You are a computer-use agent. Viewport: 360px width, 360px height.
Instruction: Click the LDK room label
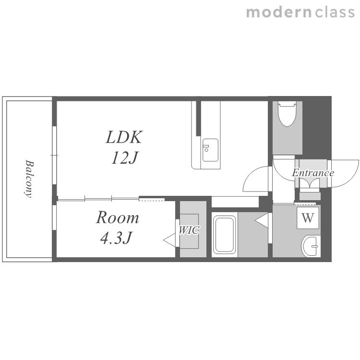pyautogui.click(x=124, y=137)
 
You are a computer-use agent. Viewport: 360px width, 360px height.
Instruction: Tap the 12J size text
pyautogui.click(x=124, y=158)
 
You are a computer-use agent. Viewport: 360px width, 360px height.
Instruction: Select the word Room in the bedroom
pyautogui.click(x=117, y=217)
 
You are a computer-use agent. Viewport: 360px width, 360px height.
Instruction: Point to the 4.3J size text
pyautogui.click(x=116, y=238)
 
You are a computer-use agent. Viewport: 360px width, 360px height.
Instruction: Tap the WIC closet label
pyautogui.click(x=189, y=230)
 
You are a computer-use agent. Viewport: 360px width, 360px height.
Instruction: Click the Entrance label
pyautogui.click(x=312, y=173)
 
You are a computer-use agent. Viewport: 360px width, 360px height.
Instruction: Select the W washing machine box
pyautogui.click(x=308, y=218)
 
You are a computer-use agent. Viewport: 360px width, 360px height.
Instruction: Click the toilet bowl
pyautogui.click(x=287, y=114)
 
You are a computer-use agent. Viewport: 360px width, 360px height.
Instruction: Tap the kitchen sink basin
pyautogui.click(x=210, y=150)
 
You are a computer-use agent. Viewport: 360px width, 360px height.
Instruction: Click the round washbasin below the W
pyautogui.click(x=311, y=246)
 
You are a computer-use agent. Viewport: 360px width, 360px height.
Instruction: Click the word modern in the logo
pyautogui.click(x=279, y=12)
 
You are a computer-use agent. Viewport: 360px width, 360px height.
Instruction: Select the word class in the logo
pyautogui.click(x=335, y=12)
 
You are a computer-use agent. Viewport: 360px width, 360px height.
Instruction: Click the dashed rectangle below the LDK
pyautogui.click(x=152, y=199)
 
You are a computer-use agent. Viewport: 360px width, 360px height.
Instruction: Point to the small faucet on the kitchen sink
pyautogui.click(x=206, y=146)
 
